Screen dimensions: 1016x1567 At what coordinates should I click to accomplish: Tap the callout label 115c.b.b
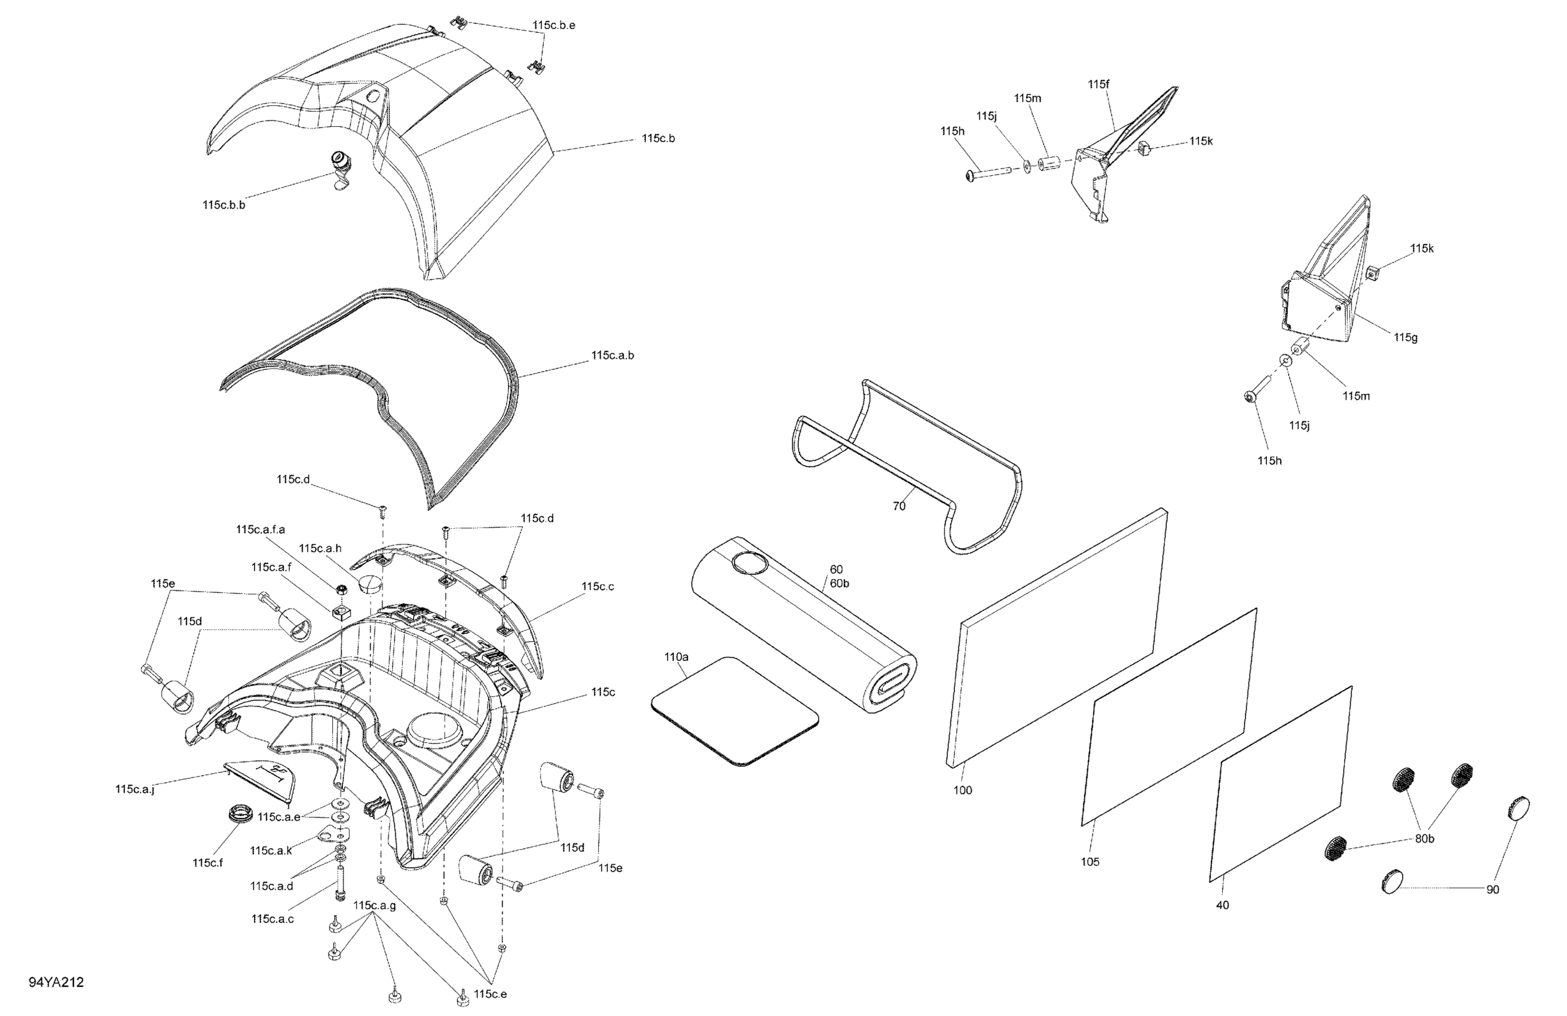pyautogui.click(x=224, y=205)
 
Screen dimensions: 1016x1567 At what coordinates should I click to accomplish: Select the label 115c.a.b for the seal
pyautogui.click(x=613, y=356)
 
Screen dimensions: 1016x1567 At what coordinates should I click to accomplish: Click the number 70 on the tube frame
pyautogui.click(x=899, y=506)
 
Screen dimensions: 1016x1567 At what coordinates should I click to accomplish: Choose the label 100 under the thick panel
pyautogui.click(x=963, y=790)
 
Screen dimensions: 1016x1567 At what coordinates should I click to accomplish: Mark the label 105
pyautogui.click(x=1089, y=862)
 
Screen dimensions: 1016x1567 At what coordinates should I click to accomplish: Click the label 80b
pyautogui.click(x=1424, y=840)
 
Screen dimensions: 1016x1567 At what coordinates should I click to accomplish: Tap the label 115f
pyautogui.click(x=1098, y=84)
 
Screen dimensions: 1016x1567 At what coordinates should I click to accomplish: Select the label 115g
pyautogui.click(x=1406, y=338)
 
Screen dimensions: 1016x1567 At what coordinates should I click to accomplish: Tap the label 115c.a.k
pyautogui.click(x=271, y=850)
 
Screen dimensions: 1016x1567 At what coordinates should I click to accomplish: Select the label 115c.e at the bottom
pyautogui.click(x=491, y=994)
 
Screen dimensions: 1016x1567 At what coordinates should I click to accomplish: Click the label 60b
pyautogui.click(x=840, y=583)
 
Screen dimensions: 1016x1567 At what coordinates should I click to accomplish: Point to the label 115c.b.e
pyautogui.click(x=554, y=25)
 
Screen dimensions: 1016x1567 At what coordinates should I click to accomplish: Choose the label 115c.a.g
pyautogui.click(x=375, y=905)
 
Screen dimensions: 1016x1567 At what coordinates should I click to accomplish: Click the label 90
pyautogui.click(x=1493, y=889)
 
